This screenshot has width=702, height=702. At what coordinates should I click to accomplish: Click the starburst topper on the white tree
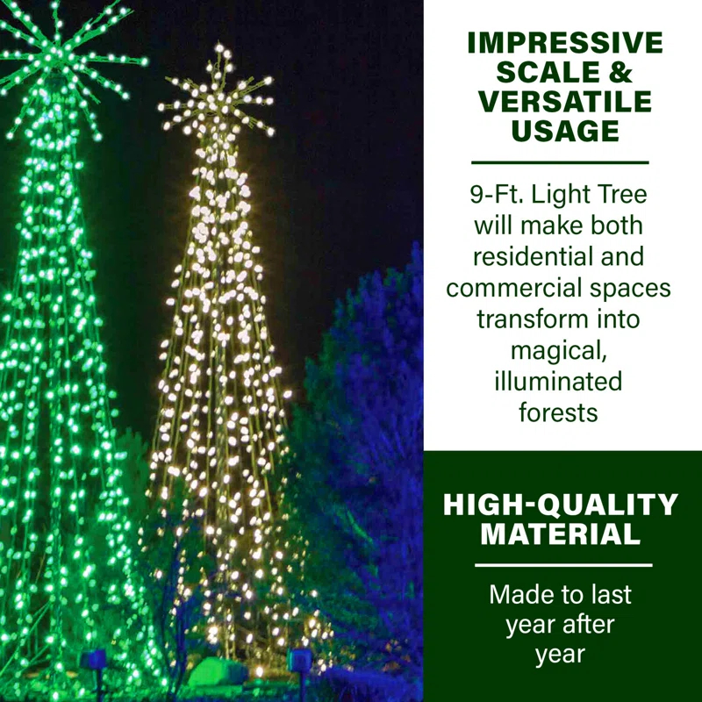216,98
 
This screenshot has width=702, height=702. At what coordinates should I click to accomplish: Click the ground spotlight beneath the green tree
93,660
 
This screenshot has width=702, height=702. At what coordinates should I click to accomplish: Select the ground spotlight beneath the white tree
300,660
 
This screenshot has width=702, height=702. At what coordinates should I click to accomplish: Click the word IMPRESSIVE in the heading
564,42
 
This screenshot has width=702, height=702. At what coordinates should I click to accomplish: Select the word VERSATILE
564,102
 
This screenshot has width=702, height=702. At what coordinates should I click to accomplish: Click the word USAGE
564,132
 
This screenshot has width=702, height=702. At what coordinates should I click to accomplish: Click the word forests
559,412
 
